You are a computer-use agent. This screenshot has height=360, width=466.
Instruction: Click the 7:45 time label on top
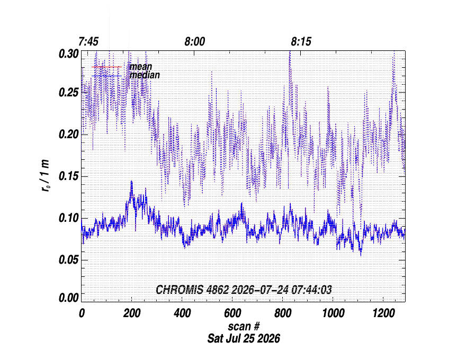[x=88, y=42]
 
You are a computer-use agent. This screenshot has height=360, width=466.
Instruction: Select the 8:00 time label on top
[x=195, y=42]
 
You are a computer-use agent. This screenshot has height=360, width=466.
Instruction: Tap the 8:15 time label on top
[x=301, y=42]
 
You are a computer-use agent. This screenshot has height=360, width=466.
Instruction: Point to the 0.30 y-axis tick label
[x=69, y=54]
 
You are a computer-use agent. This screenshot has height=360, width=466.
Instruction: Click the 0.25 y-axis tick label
[x=69, y=93]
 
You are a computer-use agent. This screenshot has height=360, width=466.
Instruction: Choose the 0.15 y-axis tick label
[x=69, y=176]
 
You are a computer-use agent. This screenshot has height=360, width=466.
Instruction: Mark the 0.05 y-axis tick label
[x=69, y=260]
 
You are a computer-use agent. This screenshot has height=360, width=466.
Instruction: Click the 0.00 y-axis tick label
[x=69, y=298]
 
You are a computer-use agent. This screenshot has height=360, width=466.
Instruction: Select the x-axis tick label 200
[x=132, y=313]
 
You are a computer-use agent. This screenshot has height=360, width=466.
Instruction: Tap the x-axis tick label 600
[x=232, y=313]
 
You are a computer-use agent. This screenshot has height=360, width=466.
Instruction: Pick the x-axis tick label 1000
[x=334, y=313]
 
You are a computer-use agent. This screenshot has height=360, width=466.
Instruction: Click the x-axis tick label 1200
[x=384, y=313]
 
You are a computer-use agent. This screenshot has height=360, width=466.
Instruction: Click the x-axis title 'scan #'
[x=244, y=327]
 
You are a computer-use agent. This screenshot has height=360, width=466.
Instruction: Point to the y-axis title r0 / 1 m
[x=46, y=176]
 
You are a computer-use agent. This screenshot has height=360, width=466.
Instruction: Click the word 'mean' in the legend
[x=140, y=67]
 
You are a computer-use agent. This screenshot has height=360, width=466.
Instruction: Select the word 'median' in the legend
[x=145, y=75]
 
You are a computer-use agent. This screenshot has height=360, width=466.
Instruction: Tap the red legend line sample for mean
[x=106, y=67]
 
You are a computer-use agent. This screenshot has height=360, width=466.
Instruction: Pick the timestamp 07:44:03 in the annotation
[x=311, y=290]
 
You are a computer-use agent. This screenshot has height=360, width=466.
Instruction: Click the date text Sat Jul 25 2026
[x=244, y=339]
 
